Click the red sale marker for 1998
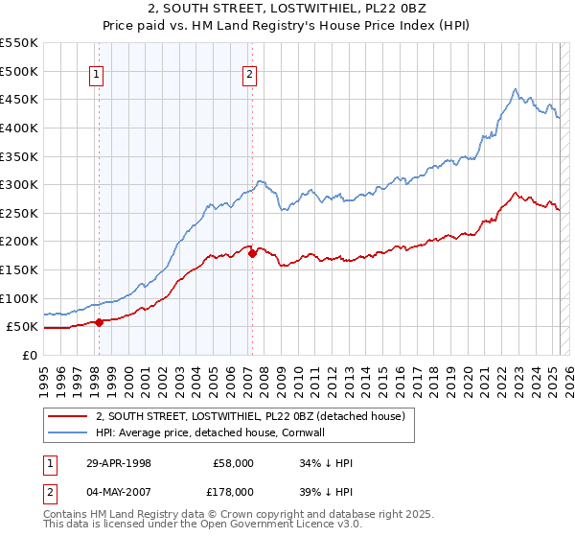click(99, 322)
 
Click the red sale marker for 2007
click(252, 254)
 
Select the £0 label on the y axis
click(30, 355)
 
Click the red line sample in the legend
click(67, 417)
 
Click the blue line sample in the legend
click(67, 432)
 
